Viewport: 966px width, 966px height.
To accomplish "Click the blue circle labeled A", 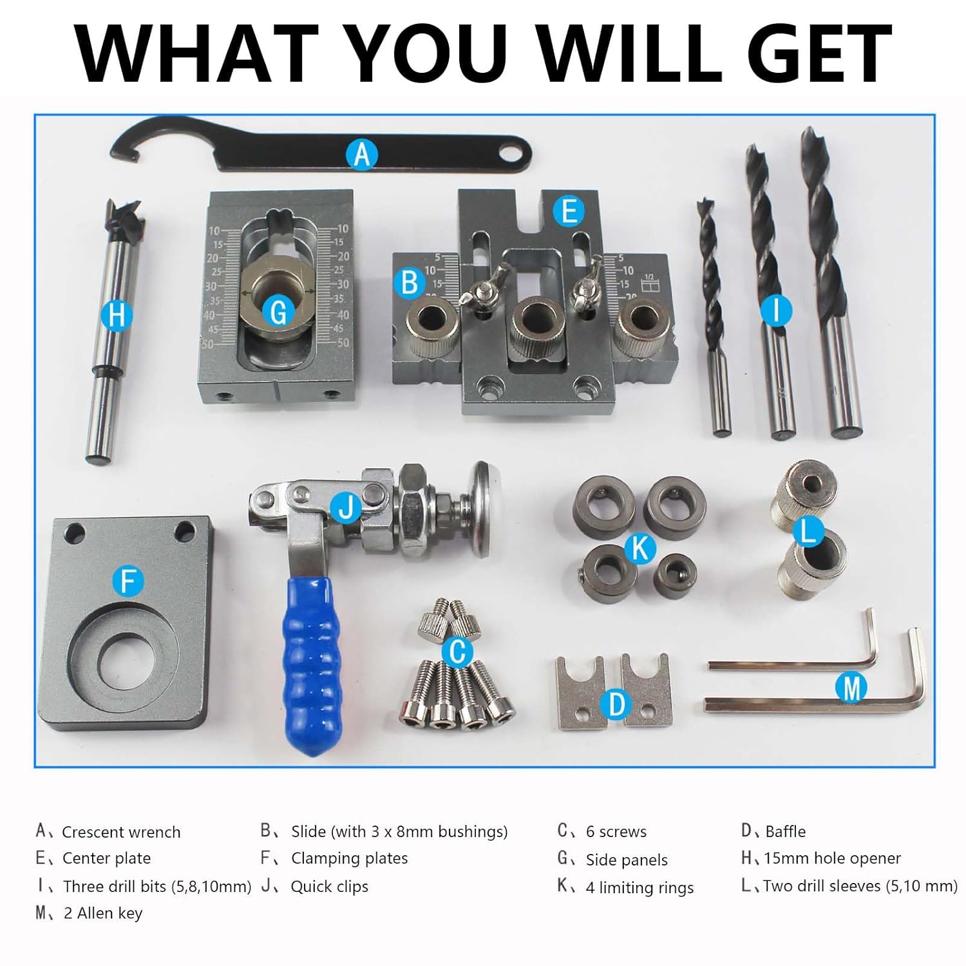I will pos(361,155).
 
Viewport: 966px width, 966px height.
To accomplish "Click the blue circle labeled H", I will pos(117,315).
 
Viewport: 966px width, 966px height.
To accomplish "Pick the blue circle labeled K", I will pos(640,549).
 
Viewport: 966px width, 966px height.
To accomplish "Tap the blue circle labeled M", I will pos(851,687).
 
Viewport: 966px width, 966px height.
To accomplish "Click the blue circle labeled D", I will pos(616,704).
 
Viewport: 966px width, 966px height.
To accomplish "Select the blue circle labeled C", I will pos(457,652).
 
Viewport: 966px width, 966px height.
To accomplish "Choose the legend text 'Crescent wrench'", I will pos(121,832).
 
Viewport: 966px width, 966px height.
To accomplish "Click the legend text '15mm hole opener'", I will pos(832,858).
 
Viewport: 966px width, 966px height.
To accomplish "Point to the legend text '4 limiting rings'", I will pos(639,887).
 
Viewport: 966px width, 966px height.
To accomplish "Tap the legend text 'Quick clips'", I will pos(330,887).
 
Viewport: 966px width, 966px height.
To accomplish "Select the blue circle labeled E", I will pos(569,211).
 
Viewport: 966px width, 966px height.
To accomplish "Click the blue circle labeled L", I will pos(808,532).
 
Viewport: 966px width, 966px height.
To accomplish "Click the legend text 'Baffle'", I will pos(786,831).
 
